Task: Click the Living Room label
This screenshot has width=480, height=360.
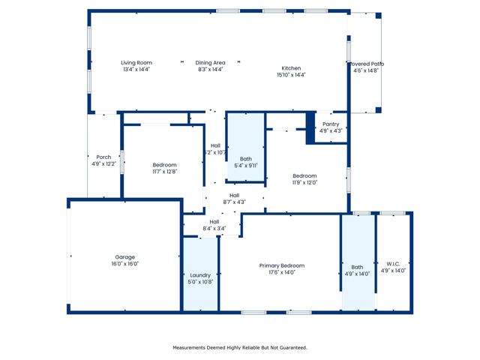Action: [x=136, y=63]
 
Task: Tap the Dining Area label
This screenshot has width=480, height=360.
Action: [x=210, y=63]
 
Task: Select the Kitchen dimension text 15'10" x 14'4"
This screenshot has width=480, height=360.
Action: [x=292, y=74]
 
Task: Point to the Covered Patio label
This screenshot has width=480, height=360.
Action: [x=366, y=64]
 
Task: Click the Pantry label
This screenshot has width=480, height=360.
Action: [x=331, y=124]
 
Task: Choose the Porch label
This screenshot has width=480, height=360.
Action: [x=103, y=157]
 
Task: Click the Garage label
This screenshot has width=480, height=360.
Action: [x=124, y=257]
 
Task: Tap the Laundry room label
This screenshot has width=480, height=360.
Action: [x=200, y=275]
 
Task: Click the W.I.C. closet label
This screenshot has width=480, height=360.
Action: [x=394, y=263]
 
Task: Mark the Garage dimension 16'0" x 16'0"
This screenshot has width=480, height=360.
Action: [x=124, y=264]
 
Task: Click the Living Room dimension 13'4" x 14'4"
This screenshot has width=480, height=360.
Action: [x=136, y=69]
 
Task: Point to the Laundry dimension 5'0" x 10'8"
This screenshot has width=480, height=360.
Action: [x=200, y=282]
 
